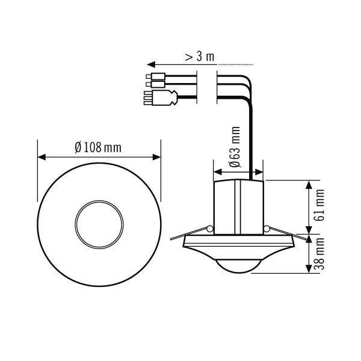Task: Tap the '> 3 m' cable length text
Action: coord(198,57)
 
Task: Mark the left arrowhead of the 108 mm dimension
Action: coord(42,156)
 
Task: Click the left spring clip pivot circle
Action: coord(209,229)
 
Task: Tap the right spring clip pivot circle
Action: coord(265,229)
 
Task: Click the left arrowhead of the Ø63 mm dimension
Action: coord(217,171)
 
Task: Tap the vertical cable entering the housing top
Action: coord(250,156)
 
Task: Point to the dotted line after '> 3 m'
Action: coord(238,63)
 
